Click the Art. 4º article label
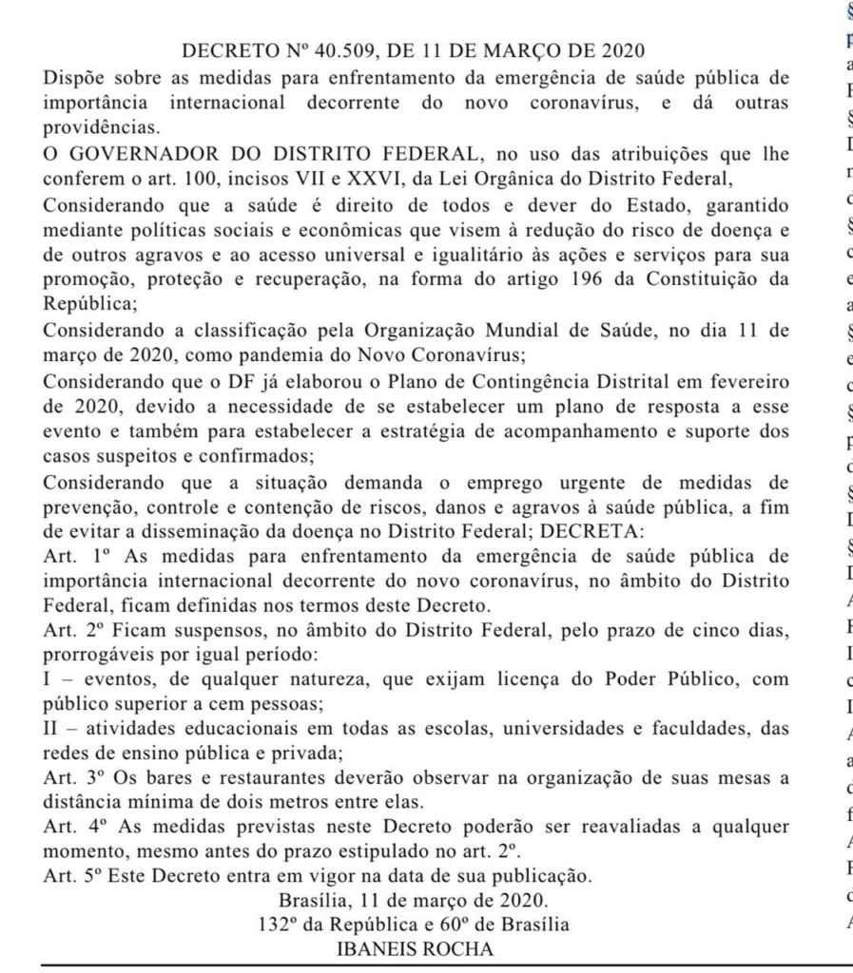coord(70,827)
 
